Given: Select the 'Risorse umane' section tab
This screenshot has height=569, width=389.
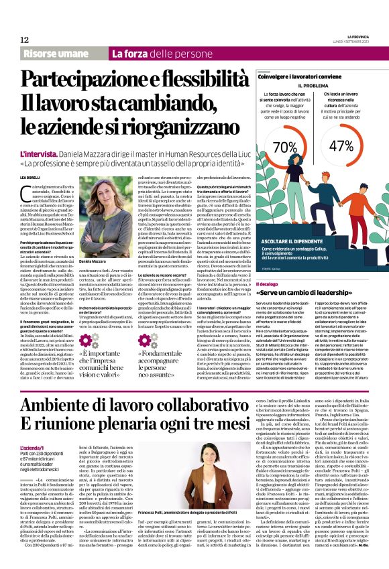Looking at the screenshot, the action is pos(61,53).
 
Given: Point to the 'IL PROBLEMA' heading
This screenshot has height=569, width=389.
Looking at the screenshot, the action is pos(313,86).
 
